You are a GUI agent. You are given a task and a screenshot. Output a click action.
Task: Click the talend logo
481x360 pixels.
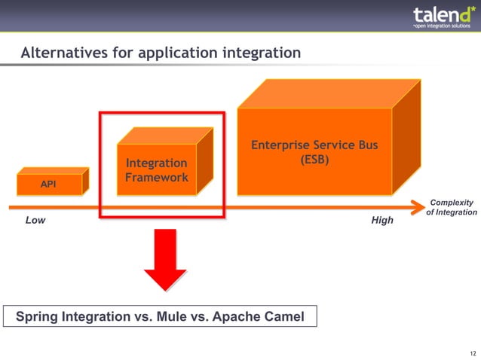click(x=441, y=14)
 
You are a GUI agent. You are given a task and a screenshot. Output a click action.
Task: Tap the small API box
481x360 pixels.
click(x=48, y=184)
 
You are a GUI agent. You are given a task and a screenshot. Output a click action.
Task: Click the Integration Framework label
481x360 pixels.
click(x=156, y=170)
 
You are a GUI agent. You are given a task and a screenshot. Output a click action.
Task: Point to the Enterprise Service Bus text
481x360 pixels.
click(x=314, y=145)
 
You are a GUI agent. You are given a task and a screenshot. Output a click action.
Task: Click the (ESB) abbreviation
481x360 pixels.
click(x=314, y=160)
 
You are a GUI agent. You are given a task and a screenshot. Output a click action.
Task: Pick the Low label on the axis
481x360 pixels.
click(x=35, y=221)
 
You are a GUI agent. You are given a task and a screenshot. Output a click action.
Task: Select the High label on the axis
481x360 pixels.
click(x=381, y=221)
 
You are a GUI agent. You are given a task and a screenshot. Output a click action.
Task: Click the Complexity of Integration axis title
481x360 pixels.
click(x=451, y=207)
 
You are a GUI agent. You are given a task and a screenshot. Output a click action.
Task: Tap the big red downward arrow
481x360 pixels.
click(x=165, y=260)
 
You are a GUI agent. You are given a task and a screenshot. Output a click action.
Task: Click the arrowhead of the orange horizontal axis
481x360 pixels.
click(x=418, y=206)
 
